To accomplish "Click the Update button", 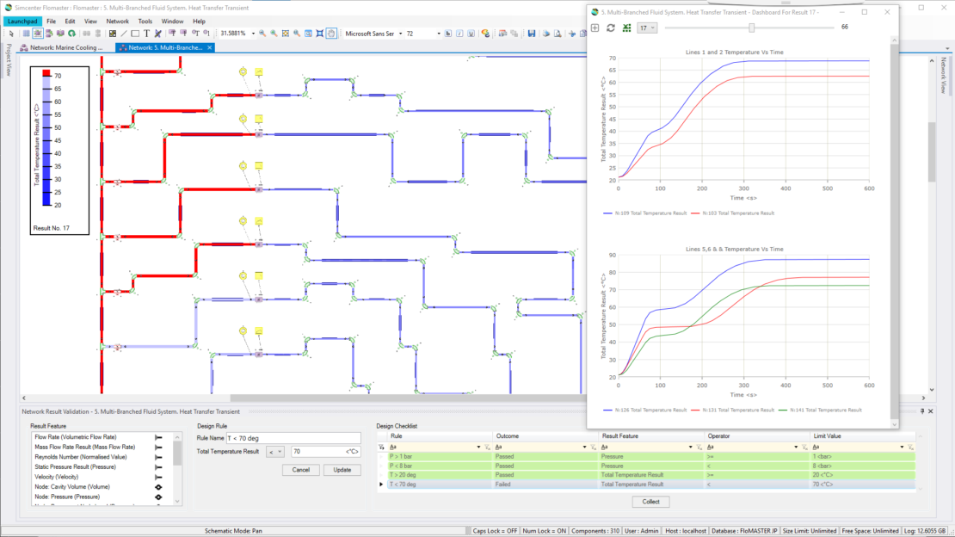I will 342,470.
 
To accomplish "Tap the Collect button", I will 650,502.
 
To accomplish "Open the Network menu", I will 118,21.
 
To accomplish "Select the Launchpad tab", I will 22,21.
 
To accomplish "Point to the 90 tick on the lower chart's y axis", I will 612,255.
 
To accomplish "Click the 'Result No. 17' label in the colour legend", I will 52,228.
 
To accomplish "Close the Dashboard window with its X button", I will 887,12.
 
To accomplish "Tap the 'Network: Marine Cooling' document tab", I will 65,47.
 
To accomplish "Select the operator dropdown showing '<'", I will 275,451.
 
